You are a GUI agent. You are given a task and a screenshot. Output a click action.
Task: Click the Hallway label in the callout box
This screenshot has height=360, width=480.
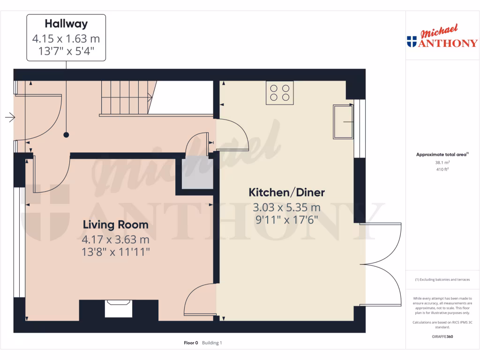pos(66,23)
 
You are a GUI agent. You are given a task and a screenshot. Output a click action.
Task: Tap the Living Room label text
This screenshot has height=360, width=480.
pos(115,225)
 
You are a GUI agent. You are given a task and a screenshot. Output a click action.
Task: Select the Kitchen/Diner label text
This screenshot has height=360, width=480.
pos(286,192)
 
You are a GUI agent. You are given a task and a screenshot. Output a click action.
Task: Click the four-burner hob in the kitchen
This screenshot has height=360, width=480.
pos(280,92)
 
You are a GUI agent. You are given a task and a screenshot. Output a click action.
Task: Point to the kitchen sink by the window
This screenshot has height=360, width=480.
pos(343,122)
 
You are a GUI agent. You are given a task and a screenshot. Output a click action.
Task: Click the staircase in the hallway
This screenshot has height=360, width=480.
pos(126,97)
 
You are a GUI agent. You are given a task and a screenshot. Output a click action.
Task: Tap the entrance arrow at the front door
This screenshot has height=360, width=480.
pos(10,117)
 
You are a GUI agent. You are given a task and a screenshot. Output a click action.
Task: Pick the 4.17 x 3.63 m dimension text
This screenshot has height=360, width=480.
pos(115,240)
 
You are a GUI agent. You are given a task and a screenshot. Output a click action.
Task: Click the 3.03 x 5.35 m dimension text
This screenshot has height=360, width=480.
pos(286,207)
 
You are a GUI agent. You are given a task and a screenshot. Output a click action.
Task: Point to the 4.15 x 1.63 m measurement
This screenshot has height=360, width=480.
pos(66,38)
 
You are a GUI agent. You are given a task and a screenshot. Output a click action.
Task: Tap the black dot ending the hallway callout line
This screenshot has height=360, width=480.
pos(66,135)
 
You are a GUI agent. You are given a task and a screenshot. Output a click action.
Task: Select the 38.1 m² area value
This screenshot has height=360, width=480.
pos(442,163)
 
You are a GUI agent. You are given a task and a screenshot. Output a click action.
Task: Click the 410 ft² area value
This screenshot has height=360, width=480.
pos(442,169)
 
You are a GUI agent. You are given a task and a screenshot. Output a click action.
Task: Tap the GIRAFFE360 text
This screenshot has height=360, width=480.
pos(442,337)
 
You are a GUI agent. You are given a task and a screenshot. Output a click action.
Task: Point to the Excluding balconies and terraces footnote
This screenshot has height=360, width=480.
pos(442,279)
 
